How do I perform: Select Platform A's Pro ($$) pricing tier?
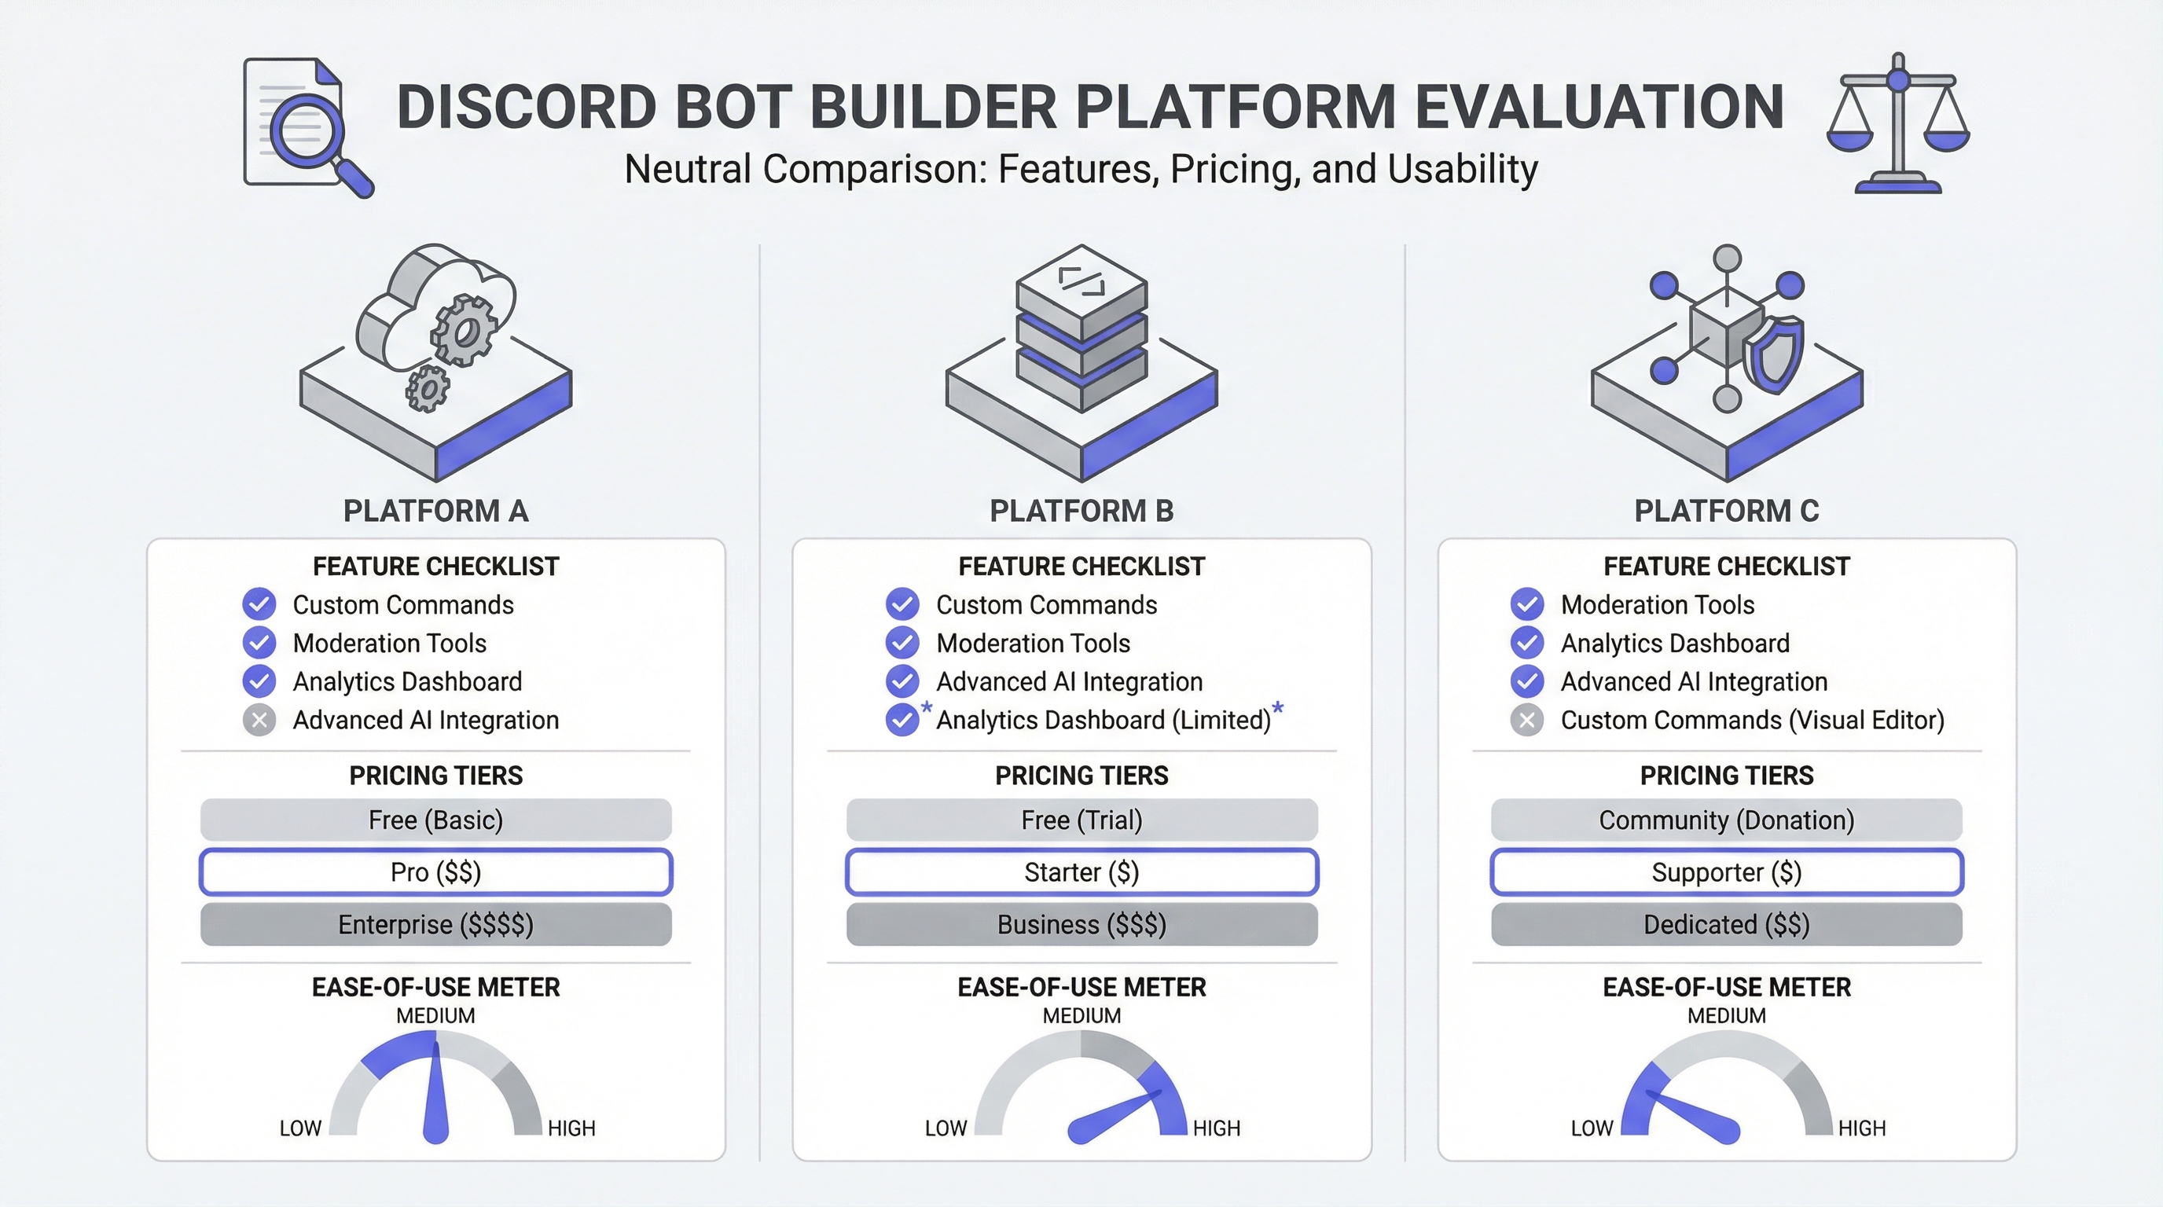435,872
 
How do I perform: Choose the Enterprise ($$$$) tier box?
435,924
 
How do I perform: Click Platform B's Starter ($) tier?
1081,872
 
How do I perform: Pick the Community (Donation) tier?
1726,820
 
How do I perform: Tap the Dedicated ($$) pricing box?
1726,924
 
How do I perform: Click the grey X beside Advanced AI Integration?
259,720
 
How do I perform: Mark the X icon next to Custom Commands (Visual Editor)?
1526,720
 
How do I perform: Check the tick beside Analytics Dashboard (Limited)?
902,720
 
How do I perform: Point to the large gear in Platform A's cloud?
464,330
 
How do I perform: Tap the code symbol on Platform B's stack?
1081,281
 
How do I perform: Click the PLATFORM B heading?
1081,510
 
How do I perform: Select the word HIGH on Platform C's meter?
1861,1128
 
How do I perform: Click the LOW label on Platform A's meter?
300,1128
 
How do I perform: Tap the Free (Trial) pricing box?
1081,820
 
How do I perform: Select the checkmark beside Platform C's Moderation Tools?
1526,604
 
